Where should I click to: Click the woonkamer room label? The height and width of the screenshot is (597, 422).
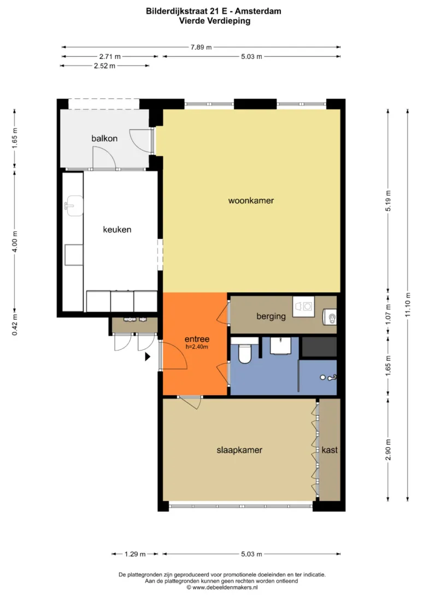pyautogui.click(x=251, y=201)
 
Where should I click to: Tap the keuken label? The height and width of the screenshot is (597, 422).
pyautogui.click(x=117, y=230)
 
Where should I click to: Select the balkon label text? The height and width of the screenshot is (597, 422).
pyautogui.click(x=104, y=138)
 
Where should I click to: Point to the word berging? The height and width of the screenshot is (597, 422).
pyautogui.click(x=271, y=316)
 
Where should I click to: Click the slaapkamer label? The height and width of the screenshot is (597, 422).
pyautogui.click(x=239, y=450)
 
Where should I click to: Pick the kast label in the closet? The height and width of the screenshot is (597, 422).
pyautogui.click(x=330, y=450)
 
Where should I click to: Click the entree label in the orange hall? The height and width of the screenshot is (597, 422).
pyautogui.click(x=197, y=339)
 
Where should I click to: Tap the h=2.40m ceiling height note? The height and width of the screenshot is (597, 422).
pyautogui.click(x=197, y=347)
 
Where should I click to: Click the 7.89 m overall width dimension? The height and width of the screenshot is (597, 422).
pyautogui.click(x=201, y=47)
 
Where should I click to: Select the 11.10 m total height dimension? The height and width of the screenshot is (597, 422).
pyautogui.click(x=408, y=305)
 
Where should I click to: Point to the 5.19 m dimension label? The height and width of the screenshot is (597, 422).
pyautogui.click(x=388, y=201)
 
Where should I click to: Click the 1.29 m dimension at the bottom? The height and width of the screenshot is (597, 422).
pyautogui.click(x=135, y=554)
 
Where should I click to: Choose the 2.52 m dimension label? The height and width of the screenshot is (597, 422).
pyautogui.click(x=104, y=66)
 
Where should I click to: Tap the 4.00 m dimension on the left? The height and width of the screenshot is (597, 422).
pyautogui.click(x=15, y=242)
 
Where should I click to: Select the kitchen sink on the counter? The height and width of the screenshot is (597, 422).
pyautogui.click(x=74, y=206)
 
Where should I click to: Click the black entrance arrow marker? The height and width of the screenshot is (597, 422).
pyautogui.click(x=147, y=357)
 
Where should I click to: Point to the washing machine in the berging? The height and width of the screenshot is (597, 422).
pyautogui.click(x=304, y=306)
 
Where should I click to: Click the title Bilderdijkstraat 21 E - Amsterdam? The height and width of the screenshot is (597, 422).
pyautogui.click(x=214, y=11)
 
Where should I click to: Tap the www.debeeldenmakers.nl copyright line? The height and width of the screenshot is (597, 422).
pyautogui.click(x=222, y=588)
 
